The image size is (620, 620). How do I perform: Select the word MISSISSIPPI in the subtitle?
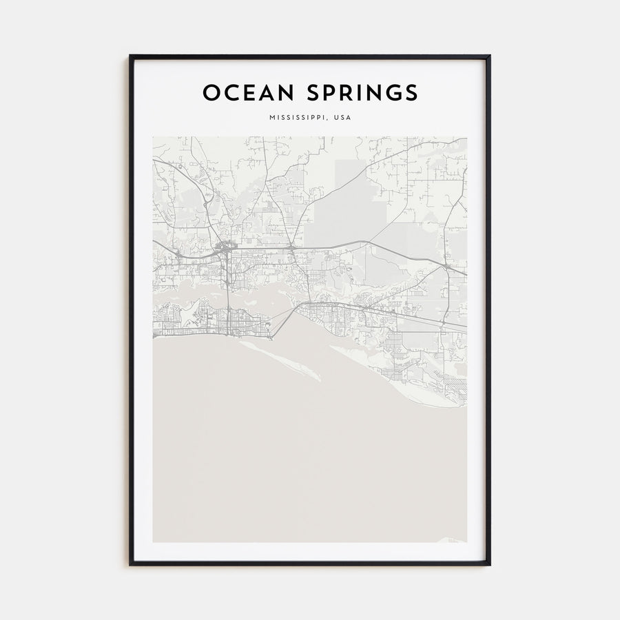coord(298,118)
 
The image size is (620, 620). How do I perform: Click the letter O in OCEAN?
coord(211,92)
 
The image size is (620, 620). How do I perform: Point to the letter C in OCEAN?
coord(231,92)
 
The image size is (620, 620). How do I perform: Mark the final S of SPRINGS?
coord(411,92)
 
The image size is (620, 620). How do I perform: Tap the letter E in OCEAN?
coord(247,92)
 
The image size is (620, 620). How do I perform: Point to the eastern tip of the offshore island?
coord(319,378)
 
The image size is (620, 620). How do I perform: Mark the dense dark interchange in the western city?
coord(225,248)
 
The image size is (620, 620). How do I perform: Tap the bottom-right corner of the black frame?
coord(489,564)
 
